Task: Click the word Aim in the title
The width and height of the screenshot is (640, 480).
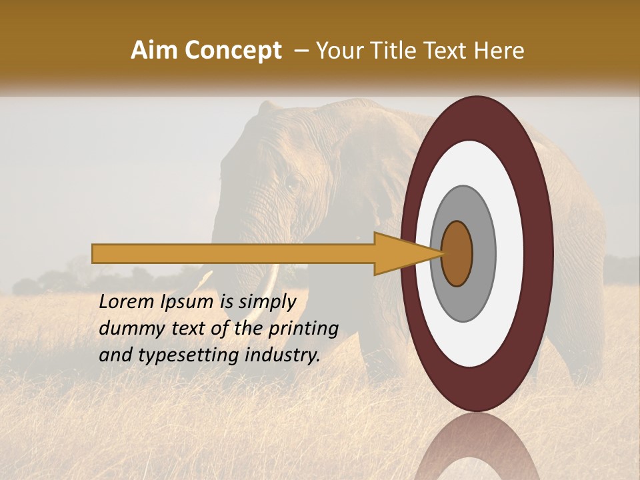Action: click(x=153, y=51)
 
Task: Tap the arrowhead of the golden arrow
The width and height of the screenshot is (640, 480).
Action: click(x=400, y=253)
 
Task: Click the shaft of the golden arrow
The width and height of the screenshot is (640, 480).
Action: click(x=233, y=253)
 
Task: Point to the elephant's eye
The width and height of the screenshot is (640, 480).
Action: click(x=291, y=181)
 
